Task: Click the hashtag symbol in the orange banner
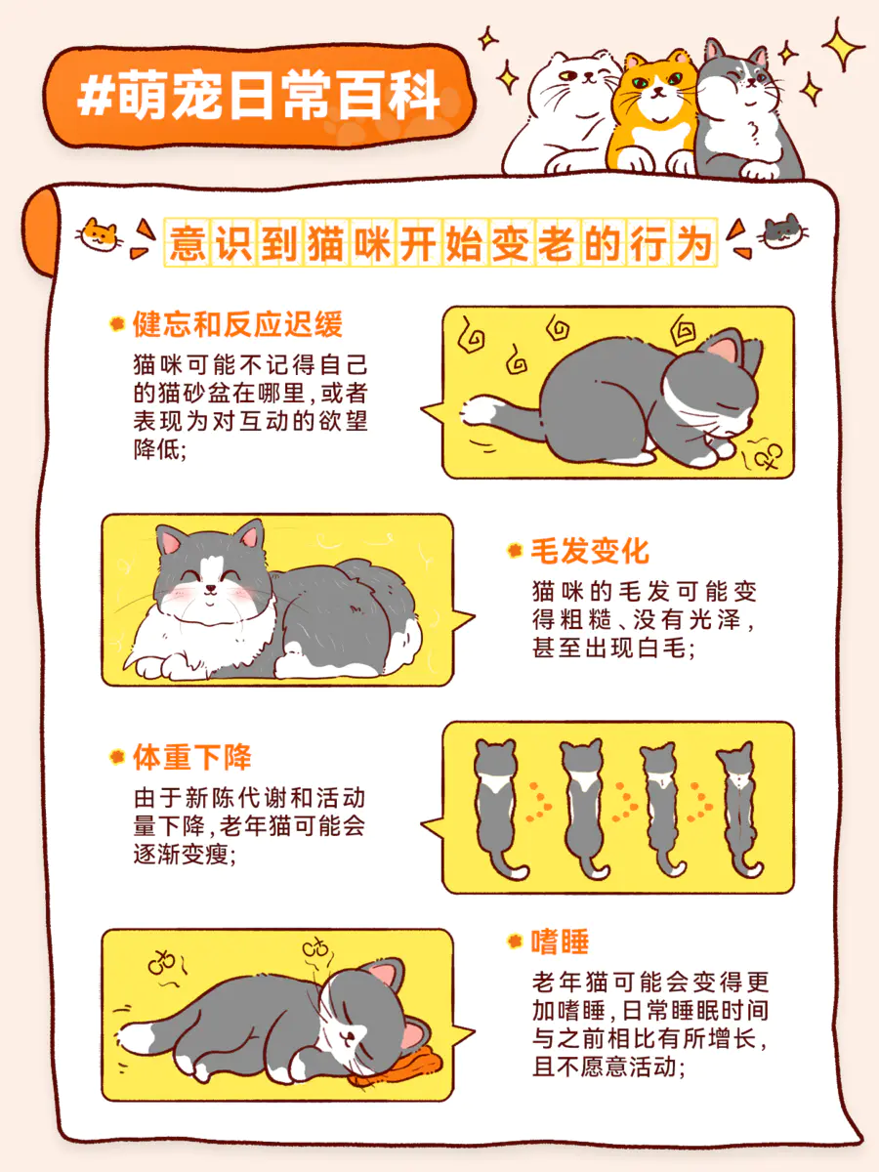point(96,98)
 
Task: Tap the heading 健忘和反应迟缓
point(237,324)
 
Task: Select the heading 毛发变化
point(590,551)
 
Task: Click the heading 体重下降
point(192,757)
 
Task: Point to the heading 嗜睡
point(560,942)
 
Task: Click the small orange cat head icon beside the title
point(100,234)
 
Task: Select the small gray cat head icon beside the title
point(783,231)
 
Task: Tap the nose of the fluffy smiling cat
point(212,588)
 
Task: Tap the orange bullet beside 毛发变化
point(515,551)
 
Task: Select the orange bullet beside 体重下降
point(116,757)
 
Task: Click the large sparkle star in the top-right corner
point(841,44)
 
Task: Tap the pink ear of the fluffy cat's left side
point(171,541)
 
